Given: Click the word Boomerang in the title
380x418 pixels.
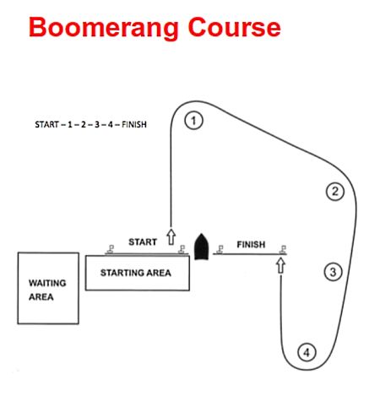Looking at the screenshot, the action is [104, 28].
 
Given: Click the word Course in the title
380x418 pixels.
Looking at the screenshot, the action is [234, 27].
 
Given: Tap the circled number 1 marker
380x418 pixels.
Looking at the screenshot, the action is [193, 121].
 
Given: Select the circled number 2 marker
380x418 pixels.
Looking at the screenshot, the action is [335, 192].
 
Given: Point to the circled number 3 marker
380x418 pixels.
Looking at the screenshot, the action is [334, 272].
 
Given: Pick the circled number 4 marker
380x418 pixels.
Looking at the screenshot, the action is [307, 352].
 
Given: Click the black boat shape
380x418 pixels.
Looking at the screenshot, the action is [202, 247].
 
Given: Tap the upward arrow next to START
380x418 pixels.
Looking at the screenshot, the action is [171, 236].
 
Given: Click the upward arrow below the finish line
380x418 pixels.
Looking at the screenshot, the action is [280, 265].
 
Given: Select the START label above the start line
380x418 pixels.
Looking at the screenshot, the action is [143, 242].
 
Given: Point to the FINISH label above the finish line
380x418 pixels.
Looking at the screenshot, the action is [251, 244].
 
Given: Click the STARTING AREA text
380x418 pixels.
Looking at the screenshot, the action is [136, 273].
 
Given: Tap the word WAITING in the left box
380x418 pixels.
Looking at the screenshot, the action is [47, 283].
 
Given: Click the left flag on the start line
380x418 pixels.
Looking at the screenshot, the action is [111, 249].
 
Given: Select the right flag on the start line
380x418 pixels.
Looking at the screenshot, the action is [182, 249].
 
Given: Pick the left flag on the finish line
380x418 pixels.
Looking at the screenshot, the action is [220, 249].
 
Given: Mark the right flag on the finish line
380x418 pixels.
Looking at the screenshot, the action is [283, 249].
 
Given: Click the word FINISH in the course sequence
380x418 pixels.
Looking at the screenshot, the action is [134, 124].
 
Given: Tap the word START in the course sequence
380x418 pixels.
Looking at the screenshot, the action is [47, 124].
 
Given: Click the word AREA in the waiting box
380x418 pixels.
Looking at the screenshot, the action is [41, 296].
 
